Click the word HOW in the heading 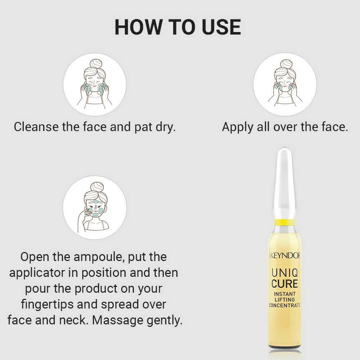coord(138,27)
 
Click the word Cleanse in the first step coord(36,127)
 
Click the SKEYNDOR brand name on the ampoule coord(284,256)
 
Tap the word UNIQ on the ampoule coord(285,273)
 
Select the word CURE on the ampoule coord(285,284)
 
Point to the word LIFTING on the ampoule coord(285,300)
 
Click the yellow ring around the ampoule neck coord(285,222)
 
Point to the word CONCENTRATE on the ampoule coord(285,305)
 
